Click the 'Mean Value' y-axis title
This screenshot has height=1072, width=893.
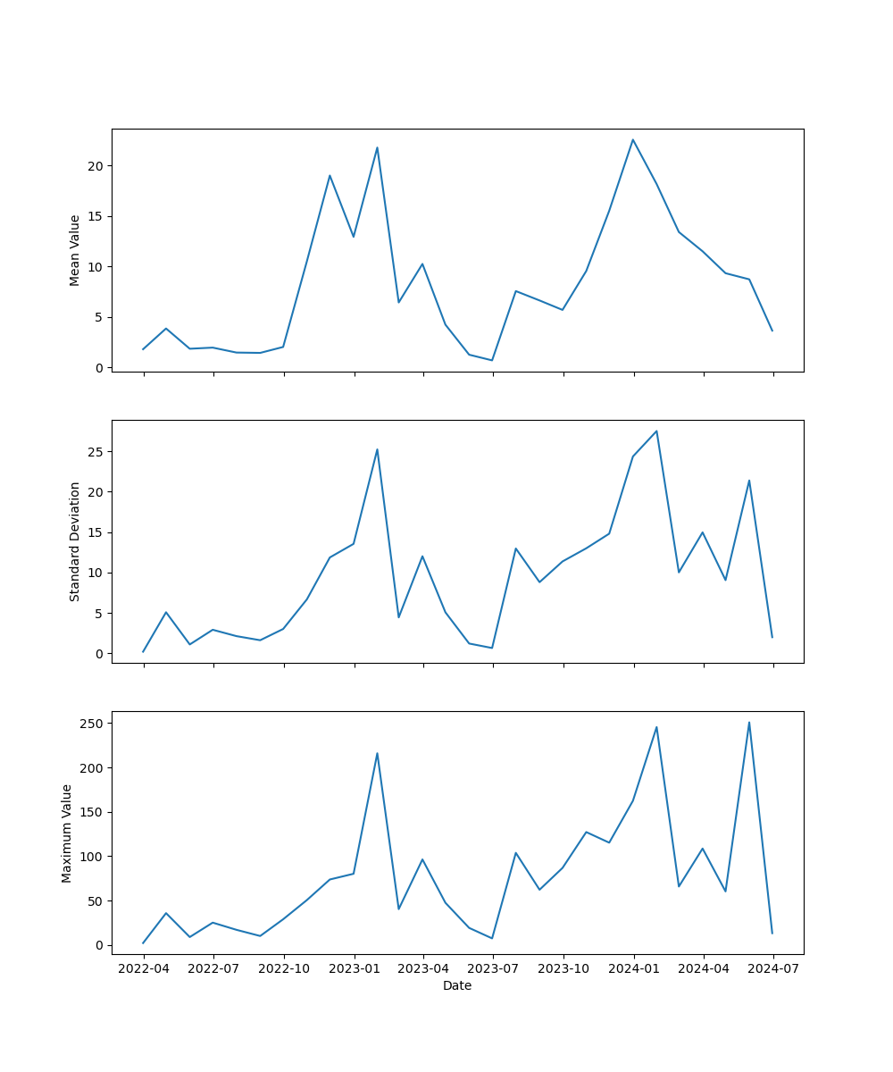(x=75, y=250)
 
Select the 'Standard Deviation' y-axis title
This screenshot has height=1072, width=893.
(x=75, y=541)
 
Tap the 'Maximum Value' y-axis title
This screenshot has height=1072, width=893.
(x=67, y=833)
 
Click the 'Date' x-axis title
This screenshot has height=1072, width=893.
(x=457, y=985)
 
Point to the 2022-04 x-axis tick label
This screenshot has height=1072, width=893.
(x=143, y=968)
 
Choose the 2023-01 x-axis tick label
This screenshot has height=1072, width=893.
(x=355, y=968)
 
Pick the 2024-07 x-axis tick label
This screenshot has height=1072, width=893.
(x=773, y=968)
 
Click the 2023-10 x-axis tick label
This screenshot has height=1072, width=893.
(x=564, y=968)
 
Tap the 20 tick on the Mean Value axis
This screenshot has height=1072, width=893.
(x=96, y=166)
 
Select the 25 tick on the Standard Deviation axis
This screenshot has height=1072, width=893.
(x=96, y=452)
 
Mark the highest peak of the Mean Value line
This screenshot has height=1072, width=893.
(x=633, y=139)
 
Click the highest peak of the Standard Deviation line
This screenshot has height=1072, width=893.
(x=656, y=431)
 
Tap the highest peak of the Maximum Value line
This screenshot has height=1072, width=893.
(x=749, y=722)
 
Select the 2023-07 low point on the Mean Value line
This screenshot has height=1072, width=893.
(x=492, y=360)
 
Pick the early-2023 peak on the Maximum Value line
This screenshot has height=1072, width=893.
(x=377, y=753)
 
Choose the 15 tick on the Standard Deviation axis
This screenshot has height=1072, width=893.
(x=96, y=532)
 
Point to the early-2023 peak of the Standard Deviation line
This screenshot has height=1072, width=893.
(x=377, y=449)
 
